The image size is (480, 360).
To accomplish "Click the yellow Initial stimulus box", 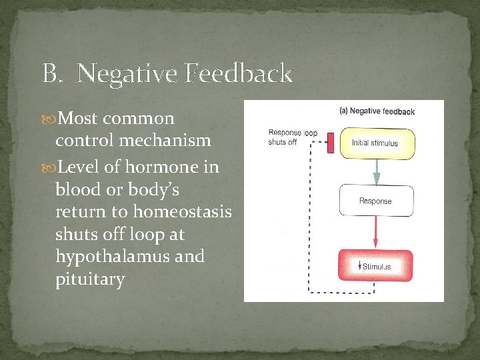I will click(x=377, y=143).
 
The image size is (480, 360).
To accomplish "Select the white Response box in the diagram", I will click(x=376, y=201).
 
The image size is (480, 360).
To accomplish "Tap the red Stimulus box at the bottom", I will click(x=376, y=266).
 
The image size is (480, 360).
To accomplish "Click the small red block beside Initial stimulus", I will click(x=329, y=141).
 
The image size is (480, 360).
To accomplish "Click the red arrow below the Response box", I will click(x=376, y=232).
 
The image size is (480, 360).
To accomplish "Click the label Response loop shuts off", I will click(x=292, y=137).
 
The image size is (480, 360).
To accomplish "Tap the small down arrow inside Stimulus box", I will click(x=359, y=266).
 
